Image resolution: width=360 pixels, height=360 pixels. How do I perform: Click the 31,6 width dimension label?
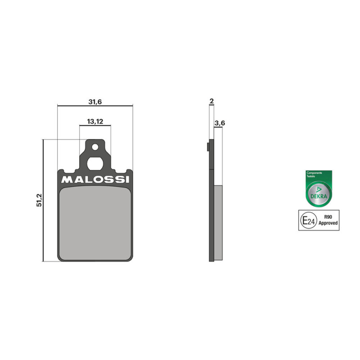pos(95,102)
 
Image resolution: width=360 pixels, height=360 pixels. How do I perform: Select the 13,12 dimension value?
pos(95,121)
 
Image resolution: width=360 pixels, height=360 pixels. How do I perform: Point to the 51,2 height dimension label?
pos(39,200)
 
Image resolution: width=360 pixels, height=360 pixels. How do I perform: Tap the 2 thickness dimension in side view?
pos(211,101)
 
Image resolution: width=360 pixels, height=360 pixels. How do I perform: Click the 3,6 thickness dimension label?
pos(220,123)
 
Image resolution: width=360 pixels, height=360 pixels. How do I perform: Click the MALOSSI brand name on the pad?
pos(95,180)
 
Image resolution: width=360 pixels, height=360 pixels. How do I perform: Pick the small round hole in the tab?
pos(95,147)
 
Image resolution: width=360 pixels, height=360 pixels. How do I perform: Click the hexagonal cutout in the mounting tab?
pos(95,163)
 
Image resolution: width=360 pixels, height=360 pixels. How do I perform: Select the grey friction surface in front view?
pos(95,223)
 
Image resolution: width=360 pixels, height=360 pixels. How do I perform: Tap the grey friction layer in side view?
pos(218,223)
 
